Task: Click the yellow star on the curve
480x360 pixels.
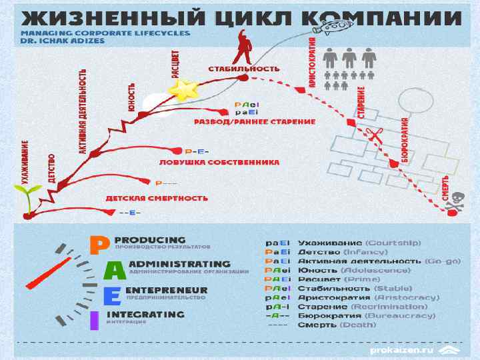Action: click(x=184, y=89)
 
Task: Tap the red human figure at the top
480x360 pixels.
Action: click(x=244, y=46)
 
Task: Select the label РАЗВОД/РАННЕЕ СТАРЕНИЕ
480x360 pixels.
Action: click(x=255, y=122)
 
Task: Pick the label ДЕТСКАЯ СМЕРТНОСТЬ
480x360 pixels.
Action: click(x=157, y=198)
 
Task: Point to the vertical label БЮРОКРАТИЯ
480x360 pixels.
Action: click(x=404, y=139)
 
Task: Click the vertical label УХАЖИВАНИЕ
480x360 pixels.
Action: click(x=25, y=161)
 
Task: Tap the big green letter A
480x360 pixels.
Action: click(x=114, y=270)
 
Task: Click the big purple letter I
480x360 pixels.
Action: click(x=95, y=320)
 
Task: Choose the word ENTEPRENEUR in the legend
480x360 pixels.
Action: click(x=166, y=290)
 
